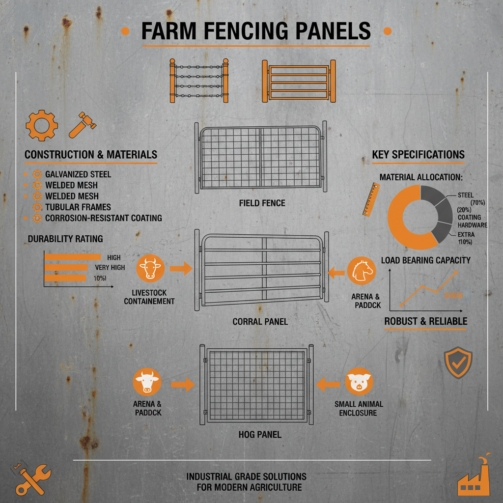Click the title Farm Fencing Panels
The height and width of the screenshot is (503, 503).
(255, 31)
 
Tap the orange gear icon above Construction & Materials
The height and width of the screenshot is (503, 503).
(41, 126)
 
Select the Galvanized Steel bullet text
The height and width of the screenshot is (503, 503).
(78, 174)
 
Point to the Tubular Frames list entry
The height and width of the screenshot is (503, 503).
(78, 207)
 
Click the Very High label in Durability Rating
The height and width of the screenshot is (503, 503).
(110, 268)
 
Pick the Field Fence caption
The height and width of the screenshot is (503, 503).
(262, 203)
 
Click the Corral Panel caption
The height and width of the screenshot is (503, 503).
(260, 322)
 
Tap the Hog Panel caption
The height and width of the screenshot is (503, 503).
(261, 435)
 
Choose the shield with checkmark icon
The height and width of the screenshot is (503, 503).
(458, 363)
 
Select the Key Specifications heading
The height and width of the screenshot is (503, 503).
(418, 155)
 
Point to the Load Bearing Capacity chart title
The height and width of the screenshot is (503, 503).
(425, 260)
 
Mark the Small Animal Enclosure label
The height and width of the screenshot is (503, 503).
(359, 408)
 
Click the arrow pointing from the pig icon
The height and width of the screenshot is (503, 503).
(328, 385)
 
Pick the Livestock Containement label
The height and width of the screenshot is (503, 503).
(149, 297)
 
